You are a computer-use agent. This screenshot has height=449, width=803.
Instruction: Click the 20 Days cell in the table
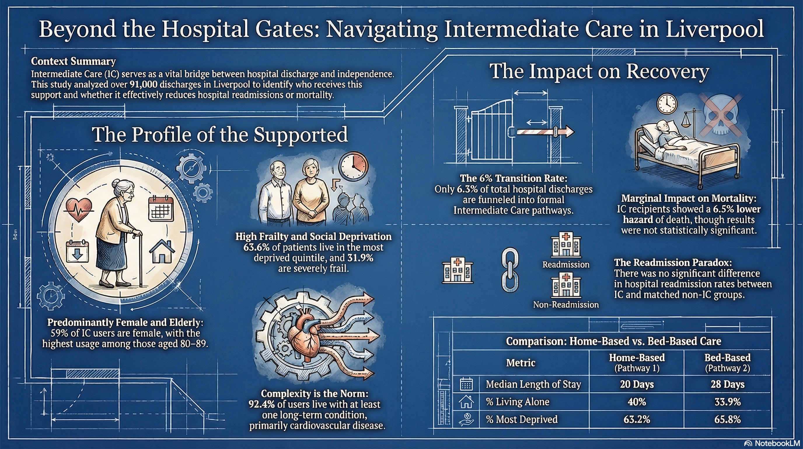point(637,384)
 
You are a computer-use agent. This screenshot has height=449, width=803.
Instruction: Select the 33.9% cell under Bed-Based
point(727,402)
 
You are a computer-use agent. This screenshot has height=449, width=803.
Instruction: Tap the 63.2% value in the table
point(637,419)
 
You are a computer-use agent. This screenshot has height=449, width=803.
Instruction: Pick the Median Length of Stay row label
point(533,384)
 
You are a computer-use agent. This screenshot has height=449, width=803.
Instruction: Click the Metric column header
point(520,363)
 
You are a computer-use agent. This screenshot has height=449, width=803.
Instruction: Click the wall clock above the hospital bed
point(667,104)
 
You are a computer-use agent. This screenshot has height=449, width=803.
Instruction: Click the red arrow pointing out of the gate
point(546,132)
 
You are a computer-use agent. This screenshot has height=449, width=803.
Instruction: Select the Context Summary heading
point(73,61)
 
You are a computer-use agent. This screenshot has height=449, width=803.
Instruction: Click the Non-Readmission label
point(566,304)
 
